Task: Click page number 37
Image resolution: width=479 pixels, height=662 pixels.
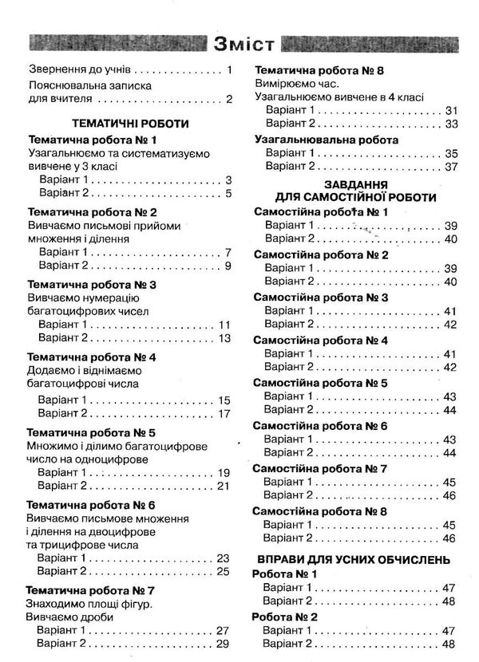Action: tap(450, 166)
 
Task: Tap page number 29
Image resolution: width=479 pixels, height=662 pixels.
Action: tap(223, 644)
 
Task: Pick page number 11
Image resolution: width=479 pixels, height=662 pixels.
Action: tap(224, 325)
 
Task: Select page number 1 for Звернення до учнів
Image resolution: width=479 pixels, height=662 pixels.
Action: tap(228, 70)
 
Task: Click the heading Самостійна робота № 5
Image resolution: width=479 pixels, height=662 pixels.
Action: tap(320, 384)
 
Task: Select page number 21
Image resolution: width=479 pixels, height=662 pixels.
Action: tap(223, 487)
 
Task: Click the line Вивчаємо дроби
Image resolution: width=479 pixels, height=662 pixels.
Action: tap(70, 617)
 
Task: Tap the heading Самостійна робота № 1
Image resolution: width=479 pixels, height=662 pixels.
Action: tap(320, 211)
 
